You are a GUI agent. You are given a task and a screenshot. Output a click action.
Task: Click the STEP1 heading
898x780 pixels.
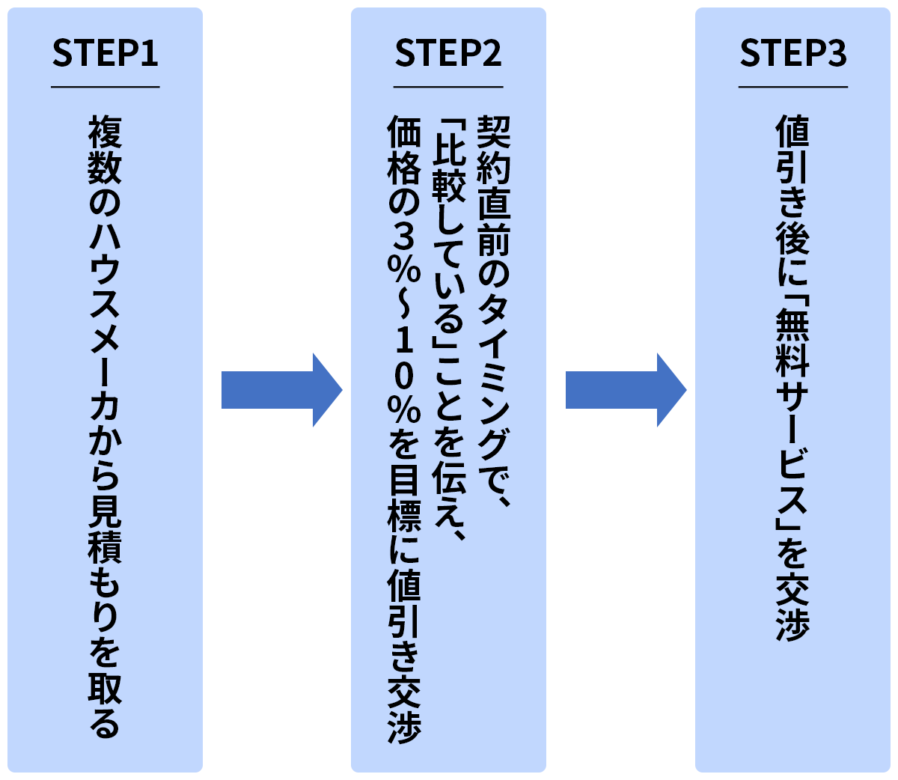coord(105,54)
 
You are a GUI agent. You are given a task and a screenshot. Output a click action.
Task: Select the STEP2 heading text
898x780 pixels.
coord(448,54)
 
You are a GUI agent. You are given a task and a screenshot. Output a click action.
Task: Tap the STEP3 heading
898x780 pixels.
coord(793,54)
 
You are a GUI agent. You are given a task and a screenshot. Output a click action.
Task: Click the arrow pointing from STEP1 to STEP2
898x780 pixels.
coord(281,390)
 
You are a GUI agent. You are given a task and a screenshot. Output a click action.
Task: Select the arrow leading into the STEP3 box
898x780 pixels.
coord(625,390)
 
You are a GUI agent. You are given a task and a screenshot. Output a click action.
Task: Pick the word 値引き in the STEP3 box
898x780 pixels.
coord(792,168)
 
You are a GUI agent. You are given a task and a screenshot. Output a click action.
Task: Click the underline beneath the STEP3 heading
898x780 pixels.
coord(793,87)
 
